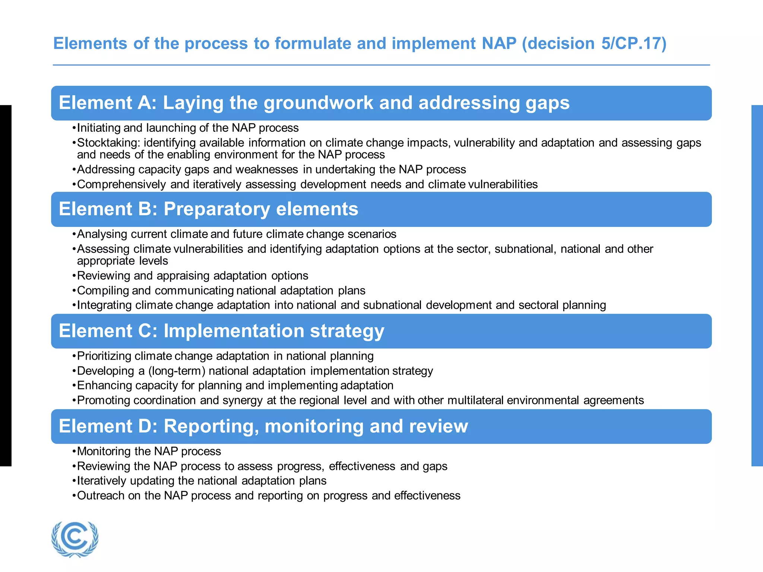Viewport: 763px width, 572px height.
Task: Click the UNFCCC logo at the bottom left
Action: pos(75,539)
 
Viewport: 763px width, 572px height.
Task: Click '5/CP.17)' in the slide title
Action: pos(633,44)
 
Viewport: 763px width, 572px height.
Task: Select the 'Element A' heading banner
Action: pos(381,103)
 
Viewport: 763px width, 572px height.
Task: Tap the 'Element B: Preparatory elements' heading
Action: pos(208,209)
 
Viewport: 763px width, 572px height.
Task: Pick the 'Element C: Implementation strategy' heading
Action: pos(221,331)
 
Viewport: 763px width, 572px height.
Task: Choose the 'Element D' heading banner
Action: pos(381,426)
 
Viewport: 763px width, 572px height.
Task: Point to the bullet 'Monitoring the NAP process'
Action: pos(149,451)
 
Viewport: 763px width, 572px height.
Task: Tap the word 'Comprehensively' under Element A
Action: pos(121,184)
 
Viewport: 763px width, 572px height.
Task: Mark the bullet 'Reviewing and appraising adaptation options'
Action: pos(192,276)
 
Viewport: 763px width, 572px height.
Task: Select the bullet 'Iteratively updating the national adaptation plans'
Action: pos(202,481)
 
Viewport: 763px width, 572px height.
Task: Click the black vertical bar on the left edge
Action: pos(6,285)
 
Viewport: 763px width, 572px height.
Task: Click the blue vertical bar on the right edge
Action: pos(757,285)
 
